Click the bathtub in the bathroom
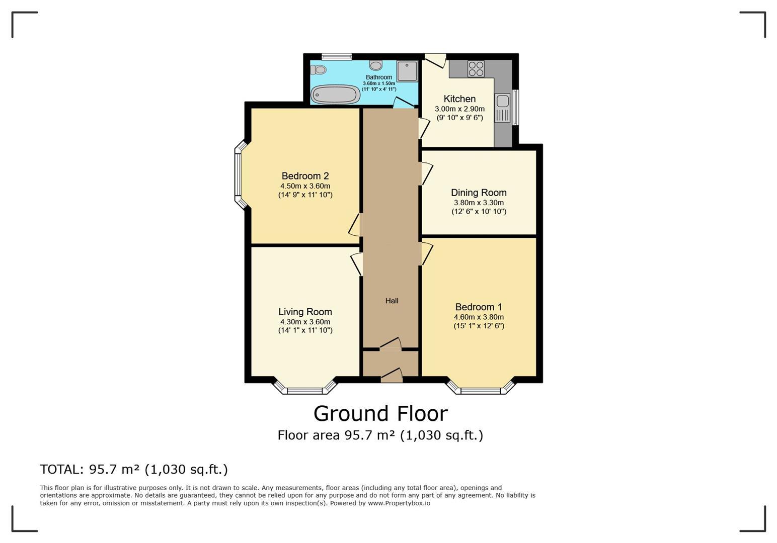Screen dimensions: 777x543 pos(335,94)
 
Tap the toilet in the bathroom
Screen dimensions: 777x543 pos(318,70)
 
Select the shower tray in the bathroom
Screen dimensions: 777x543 pos(407,71)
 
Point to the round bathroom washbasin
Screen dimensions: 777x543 pos(375,65)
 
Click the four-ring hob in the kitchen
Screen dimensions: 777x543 pos(476,68)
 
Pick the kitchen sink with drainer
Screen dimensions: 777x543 pos(502,108)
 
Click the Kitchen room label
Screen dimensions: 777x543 pos(459,99)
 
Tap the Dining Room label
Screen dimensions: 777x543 pos(479,193)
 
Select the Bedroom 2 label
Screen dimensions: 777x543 pos(305,176)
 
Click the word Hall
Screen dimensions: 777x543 pos(392,301)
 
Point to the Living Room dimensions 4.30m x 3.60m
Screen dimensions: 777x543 pos(305,322)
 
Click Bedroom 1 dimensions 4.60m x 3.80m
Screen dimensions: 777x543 pos(479,317)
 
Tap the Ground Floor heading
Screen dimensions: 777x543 pos(380,414)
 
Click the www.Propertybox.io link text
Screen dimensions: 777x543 pos(399,503)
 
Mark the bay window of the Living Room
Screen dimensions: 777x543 pos(305,387)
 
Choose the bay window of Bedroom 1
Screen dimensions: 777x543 pos(481,387)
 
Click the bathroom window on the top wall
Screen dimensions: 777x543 pos(337,56)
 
